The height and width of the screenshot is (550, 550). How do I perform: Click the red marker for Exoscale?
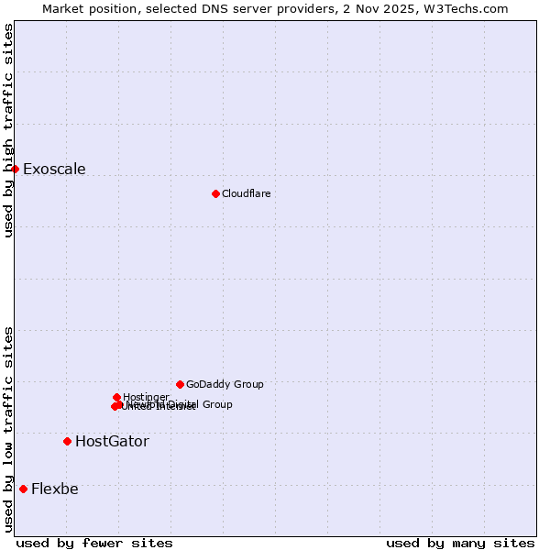click(15, 169)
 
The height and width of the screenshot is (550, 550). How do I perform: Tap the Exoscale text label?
click(54, 169)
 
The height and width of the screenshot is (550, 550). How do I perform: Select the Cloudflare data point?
click(215, 193)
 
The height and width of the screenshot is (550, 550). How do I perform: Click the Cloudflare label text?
click(246, 193)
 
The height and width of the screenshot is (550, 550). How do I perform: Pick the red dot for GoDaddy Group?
click(180, 384)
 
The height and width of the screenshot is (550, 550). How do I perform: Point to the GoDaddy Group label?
click(225, 384)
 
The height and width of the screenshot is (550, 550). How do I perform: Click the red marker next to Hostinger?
click(116, 397)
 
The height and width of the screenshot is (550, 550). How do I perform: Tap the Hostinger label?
click(146, 397)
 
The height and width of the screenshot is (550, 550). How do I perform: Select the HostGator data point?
click(67, 441)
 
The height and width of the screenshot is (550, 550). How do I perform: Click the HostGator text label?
click(112, 441)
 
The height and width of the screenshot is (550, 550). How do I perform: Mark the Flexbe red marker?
click(23, 489)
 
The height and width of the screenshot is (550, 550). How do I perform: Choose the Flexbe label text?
click(55, 489)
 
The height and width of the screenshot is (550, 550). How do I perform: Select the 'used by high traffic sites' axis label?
click(8, 130)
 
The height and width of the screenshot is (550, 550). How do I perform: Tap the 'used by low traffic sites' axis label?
click(8, 429)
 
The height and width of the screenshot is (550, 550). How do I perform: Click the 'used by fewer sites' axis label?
click(94, 543)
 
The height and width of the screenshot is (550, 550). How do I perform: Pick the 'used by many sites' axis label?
click(460, 543)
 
